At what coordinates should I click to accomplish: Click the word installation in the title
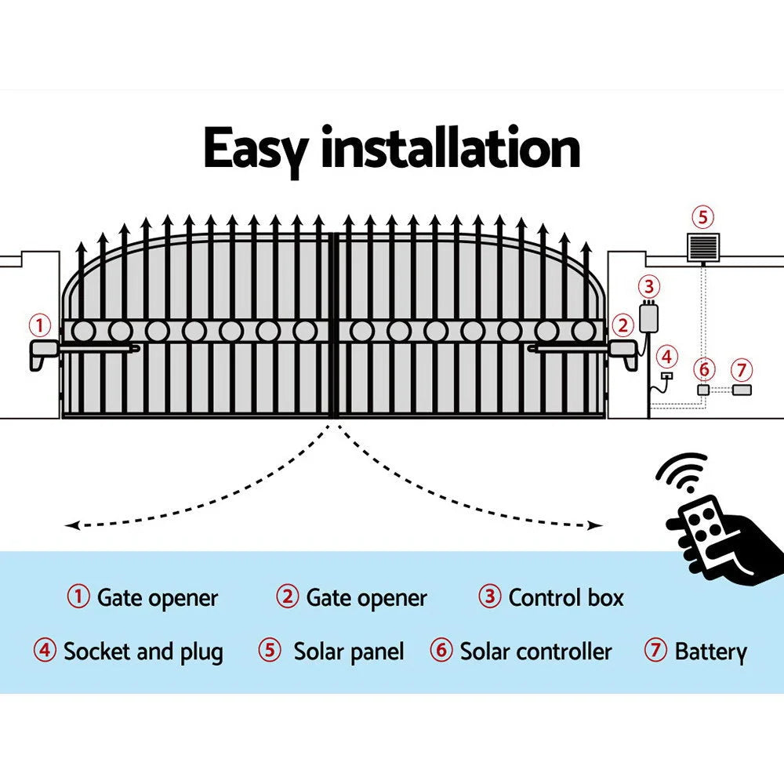click(450, 149)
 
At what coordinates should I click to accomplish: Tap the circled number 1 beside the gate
click(39, 324)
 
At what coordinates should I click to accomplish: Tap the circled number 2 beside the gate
click(622, 325)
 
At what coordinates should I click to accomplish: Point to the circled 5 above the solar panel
click(702, 216)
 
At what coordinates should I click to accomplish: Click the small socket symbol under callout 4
click(666, 377)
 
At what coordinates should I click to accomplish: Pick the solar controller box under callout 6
click(703, 390)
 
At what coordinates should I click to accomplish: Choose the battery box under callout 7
click(741, 390)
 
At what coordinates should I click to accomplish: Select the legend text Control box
click(565, 598)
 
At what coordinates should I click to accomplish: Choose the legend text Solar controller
click(535, 652)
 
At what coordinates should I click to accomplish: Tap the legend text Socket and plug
click(143, 652)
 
